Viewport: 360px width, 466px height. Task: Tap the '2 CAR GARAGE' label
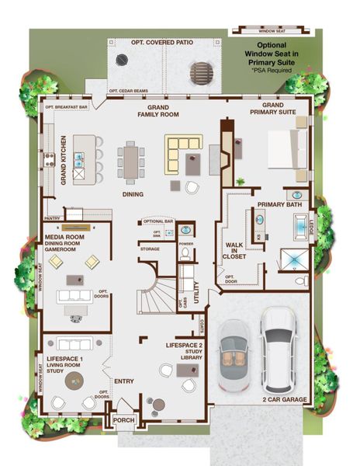285,399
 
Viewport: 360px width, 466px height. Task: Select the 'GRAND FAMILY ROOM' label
158,110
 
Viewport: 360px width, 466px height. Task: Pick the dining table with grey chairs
130,162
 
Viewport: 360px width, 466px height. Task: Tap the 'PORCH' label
124,419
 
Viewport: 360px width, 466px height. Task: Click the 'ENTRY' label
124,381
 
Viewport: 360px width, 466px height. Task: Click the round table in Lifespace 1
74,380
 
